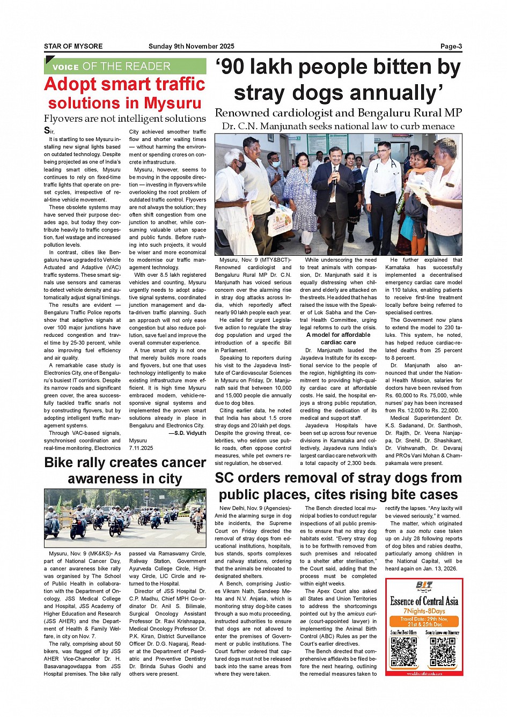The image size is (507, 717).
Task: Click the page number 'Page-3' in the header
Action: [x=451, y=46]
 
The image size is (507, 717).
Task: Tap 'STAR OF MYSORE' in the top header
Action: [x=74, y=46]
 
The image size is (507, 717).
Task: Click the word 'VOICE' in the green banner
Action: [x=65, y=67]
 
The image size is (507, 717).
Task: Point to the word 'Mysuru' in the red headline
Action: [x=172, y=103]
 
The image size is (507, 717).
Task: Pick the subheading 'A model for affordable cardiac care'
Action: [x=338, y=338]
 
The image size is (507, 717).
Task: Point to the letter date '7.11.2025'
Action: [x=141, y=448]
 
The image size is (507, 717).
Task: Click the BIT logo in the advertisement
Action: [x=424, y=586]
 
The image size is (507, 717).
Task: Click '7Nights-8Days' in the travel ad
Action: [x=424, y=611]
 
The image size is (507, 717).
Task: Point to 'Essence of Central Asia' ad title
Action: [x=424, y=601]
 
